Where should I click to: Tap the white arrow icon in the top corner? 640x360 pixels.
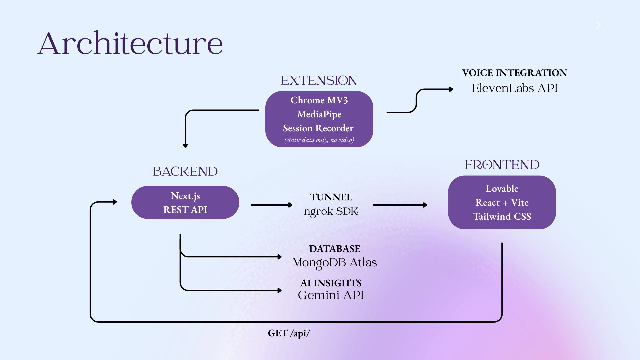pos(595,25)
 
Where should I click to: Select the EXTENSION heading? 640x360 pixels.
pos(319,80)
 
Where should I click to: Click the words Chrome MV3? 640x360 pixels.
pos(319,100)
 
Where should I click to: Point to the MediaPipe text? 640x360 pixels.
pos(319,114)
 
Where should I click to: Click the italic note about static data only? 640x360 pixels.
pos(319,140)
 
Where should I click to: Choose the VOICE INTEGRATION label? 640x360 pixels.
pos(515,73)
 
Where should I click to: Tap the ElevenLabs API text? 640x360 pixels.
pos(515,88)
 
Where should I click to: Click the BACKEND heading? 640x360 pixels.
pos(185,171)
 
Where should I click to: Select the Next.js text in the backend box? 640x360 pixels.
pos(185,196)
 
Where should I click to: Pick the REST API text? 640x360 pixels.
pos(185,210)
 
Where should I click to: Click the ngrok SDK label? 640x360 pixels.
pos(331,211)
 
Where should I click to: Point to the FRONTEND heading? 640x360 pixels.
pos(502,165)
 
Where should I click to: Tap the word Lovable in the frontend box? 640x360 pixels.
pos(502,188)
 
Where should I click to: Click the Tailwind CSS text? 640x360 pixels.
pos(502,216)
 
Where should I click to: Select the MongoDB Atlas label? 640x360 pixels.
pos(335,263)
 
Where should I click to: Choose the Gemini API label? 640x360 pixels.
pos(331,295)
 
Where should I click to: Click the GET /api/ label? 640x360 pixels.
pos(289,333)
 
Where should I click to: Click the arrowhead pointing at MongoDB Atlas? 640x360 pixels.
pos(280,257)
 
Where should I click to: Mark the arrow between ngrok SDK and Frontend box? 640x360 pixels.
pos(400,205)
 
